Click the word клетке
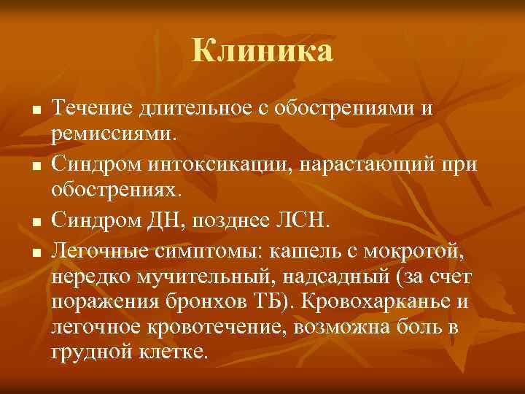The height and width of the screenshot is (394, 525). (176, 352)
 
